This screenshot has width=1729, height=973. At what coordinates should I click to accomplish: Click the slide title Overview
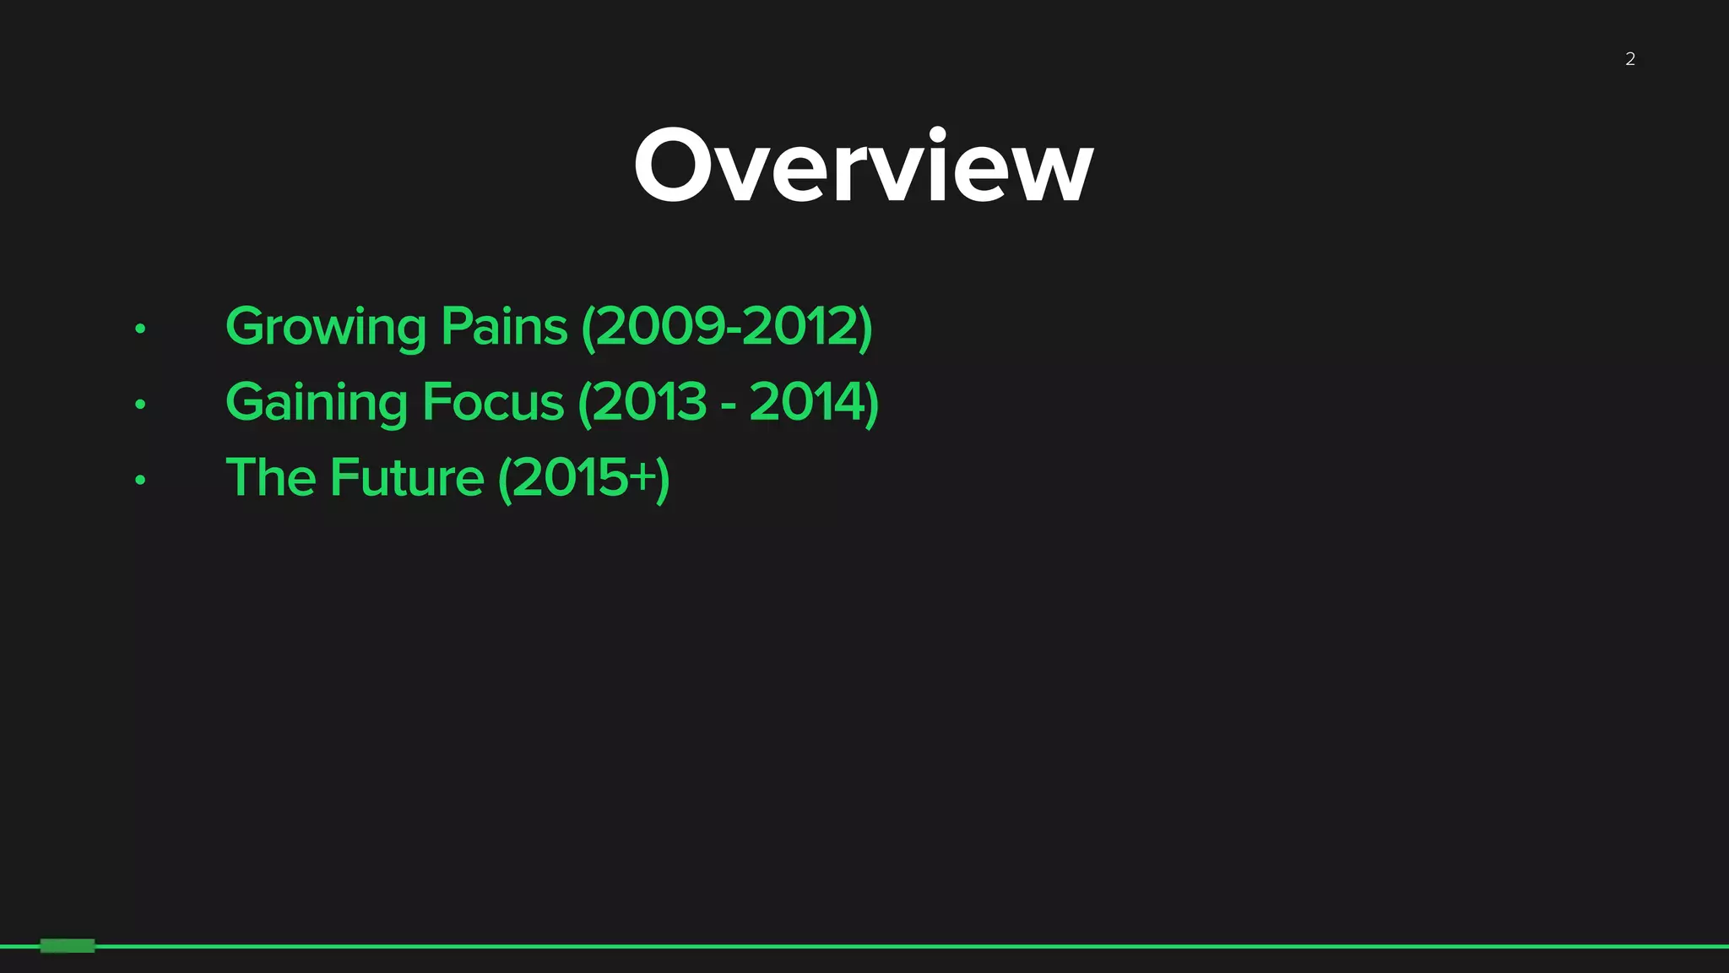pyautogui.click(x=864, y=166)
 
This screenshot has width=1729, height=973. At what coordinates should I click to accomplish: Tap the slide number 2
pyautogui.click(x=1630, y=59)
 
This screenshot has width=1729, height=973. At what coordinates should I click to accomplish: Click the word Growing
pyautogui.click(x=325, y=327)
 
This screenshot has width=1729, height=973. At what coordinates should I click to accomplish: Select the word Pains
pyautogui.click(x=504, y=327)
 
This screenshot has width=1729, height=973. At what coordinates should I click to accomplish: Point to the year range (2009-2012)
pyautogui.click(x=727, y=327)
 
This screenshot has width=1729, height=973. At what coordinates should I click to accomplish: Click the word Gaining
pyautogui.click(x=317, y=403)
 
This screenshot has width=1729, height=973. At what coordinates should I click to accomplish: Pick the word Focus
pyautogui.click(x=492, y=402)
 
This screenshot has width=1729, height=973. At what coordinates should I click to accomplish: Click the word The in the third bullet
pyautogui.click(x=270, y=477)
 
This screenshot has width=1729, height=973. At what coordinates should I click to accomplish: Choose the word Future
pyautogui.click(x=407, y=477)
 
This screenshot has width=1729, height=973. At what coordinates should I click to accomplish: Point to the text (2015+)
pyautogui.click(x=584, y=478)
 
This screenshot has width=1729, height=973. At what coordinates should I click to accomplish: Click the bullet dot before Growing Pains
pyautogui.click(x=140, y=329)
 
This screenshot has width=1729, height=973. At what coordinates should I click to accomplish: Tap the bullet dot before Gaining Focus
pyautogui.click(x=140, y=405)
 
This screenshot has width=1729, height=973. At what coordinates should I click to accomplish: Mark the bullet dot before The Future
pyautogui.click(x=140, y=480)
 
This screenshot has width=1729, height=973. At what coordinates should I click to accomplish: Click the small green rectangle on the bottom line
pyautogui.click(x=68, y=945)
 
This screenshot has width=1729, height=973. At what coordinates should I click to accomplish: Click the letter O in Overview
pyautogui.click(x=680, y=166)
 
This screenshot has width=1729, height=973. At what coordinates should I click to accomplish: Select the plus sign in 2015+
pyautogui.click(x=642, y=477)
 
